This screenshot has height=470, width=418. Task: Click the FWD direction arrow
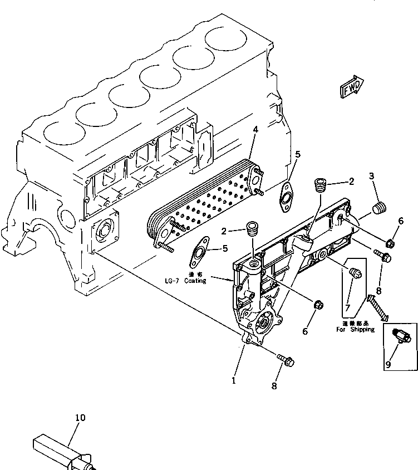[x=351, y=87]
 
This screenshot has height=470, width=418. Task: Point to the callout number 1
[x=234, y=365]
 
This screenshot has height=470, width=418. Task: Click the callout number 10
[x=81, y=417]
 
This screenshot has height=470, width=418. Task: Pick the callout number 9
[x=387, y=365]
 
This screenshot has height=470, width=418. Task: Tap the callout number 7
[x=348, y=307]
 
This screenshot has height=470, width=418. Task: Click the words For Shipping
[x=356, y=330]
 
